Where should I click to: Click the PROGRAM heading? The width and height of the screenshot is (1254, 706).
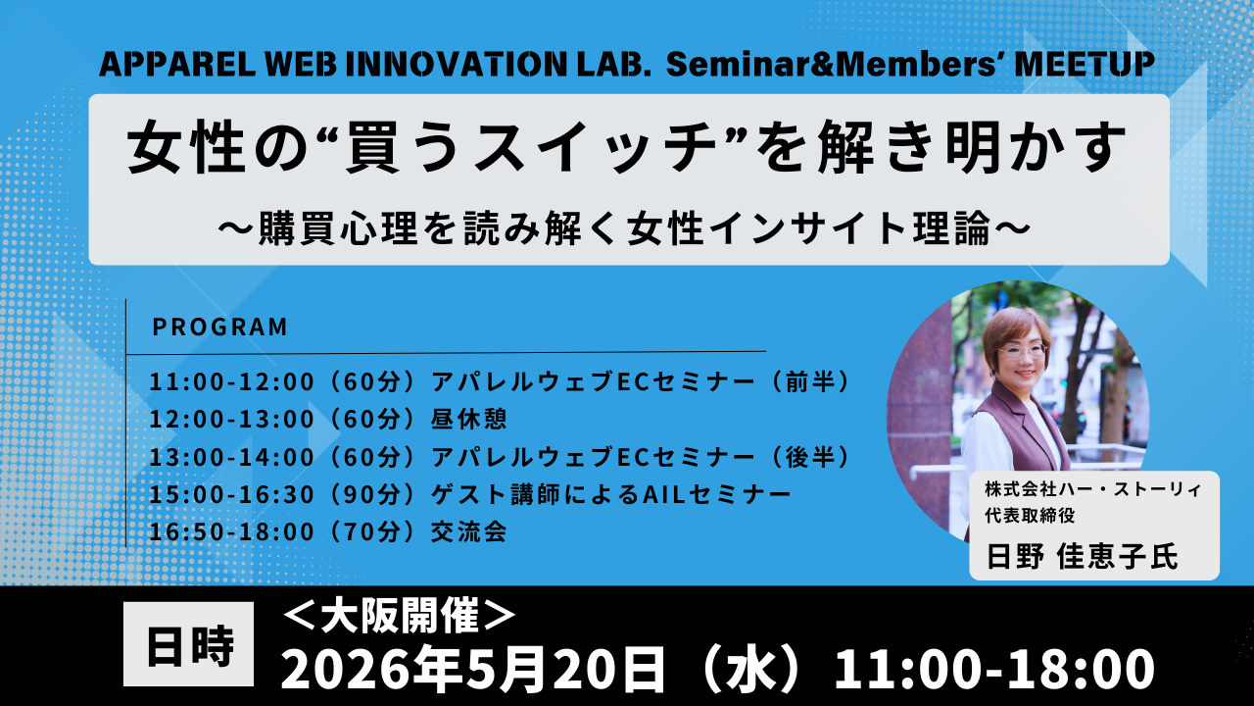tap(220, 327)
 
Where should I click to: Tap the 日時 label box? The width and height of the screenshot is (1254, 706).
tap(189, 644)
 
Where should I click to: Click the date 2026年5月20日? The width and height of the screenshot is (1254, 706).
tap(473, 670)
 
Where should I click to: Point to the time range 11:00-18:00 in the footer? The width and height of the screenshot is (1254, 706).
tap(994, 670)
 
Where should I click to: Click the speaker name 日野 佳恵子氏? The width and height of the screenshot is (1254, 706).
tap(1083, 556)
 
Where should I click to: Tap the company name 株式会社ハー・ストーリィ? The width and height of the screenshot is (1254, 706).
tap(1093, 489)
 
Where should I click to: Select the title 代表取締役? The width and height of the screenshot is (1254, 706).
tap(1030, 515)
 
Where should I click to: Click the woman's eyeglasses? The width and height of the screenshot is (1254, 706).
tap(1022, 352)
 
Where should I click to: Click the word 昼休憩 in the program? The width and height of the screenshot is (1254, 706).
tap(469, 419)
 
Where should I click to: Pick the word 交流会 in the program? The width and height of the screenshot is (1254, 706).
tap(469, 531)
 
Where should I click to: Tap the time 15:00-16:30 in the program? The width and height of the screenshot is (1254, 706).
tap(232, 494)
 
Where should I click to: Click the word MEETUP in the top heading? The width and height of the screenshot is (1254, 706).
tap(1085, 65)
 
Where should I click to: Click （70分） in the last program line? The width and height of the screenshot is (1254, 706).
tap(373, 531)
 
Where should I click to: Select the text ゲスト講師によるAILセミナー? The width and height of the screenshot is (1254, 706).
tap(610, 494)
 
